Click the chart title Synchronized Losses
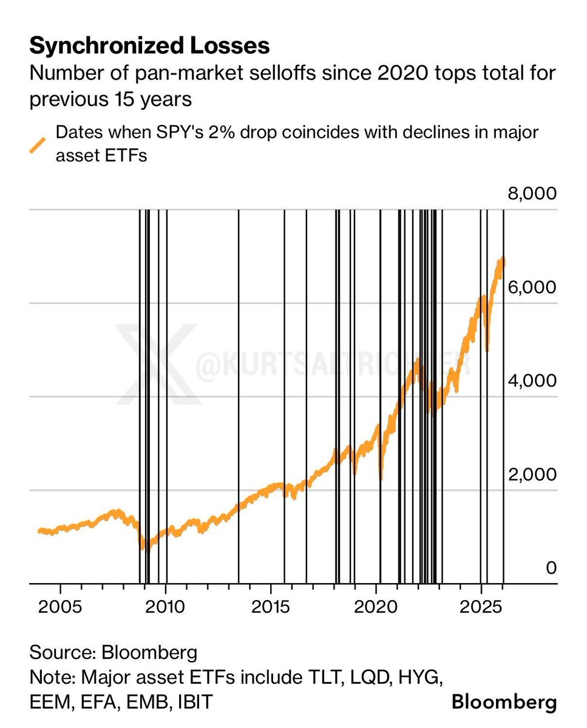pos(149,45)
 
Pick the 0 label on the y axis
pos(551,568)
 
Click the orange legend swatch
pos(38,146)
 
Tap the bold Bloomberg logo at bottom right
pos(504,703)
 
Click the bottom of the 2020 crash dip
pos(381,478)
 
